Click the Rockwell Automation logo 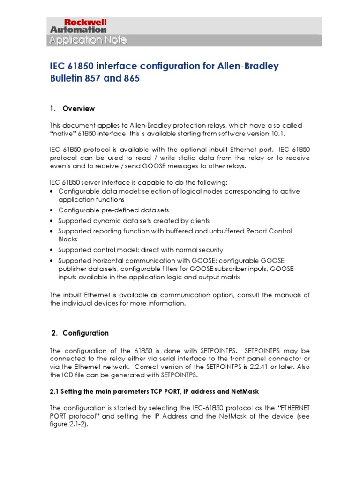[78, 26]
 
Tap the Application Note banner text [88, 41]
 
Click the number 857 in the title [93, 78]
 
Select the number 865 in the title [131, 78]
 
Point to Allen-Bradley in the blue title [248, 66]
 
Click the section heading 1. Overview [72, 109]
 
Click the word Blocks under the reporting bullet [67, 239]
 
